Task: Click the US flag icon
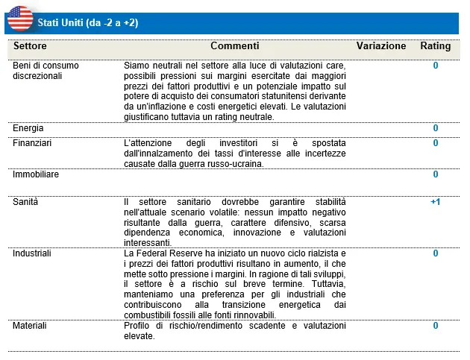coord(21,17)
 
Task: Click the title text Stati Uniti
coord(62,23)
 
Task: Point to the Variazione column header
coord(381,46)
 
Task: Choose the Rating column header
coord(436,46)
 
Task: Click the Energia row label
coord(28,128)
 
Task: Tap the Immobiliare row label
coord(36,174)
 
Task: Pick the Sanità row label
coord(25,202)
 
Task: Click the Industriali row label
coord(32,253)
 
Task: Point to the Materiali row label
coord(30,326)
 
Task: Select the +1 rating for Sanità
coord(436,202)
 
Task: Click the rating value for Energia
coord(436,128)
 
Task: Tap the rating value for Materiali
coord(436,326)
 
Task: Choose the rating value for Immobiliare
coord(436,174)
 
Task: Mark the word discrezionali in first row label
coord(37,76)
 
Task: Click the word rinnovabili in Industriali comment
coord(251,315)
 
